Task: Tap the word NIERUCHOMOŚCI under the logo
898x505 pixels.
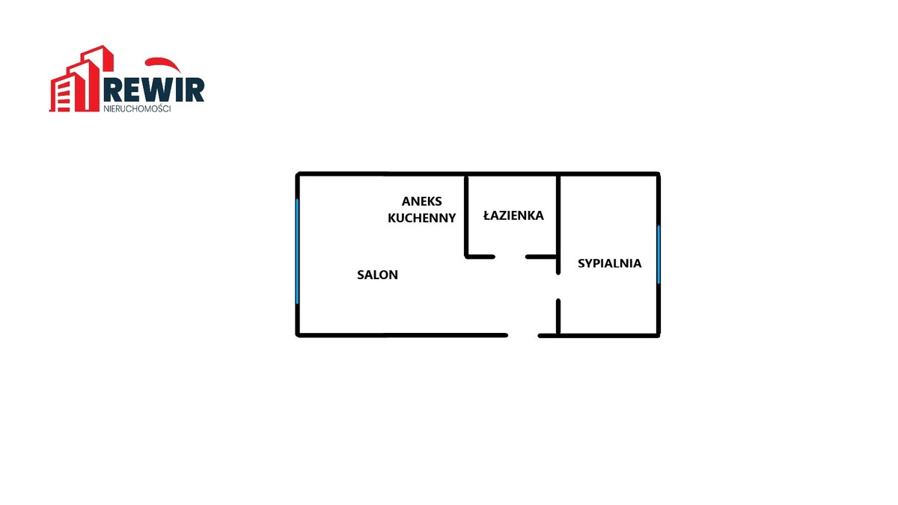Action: (137, 108)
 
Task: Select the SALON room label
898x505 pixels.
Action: (377, 275)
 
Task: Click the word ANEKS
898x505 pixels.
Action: (422, 201)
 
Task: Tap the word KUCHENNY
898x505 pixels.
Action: (421, 218)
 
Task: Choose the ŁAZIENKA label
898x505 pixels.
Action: (513, 215)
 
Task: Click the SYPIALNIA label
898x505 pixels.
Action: (609, 263)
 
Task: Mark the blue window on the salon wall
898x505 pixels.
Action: (298, 251)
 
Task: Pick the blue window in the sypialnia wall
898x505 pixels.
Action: (659, 254)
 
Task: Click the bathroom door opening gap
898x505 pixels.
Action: (510, 257)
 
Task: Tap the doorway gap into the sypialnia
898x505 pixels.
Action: (558, 287)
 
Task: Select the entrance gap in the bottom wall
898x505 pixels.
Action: (523, 335)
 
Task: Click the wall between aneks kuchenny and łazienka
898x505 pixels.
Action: (466, 215)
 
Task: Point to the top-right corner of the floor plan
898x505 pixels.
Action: (659, 174)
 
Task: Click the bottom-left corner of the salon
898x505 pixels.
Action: (299, 334)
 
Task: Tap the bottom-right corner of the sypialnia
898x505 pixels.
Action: (659, 334)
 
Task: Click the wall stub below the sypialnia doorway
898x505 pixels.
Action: (558, 316)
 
